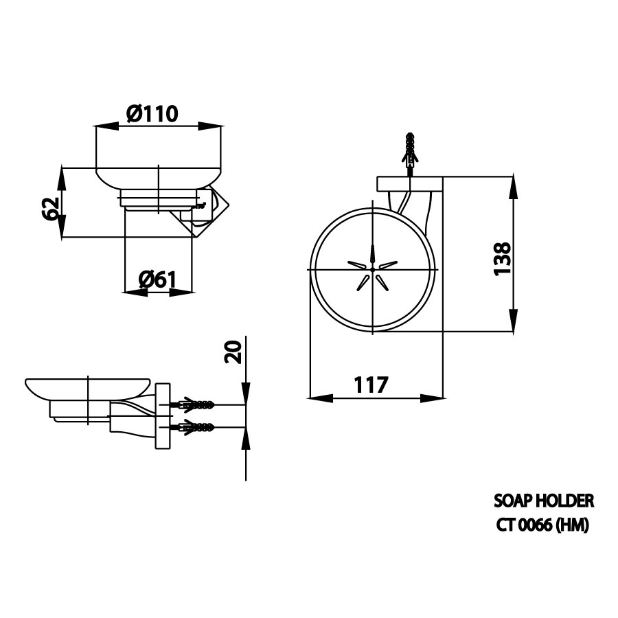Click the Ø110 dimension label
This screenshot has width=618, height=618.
pyautogui.click(x=152, y=113)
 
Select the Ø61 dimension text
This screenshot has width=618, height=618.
pyautogui.click(x=157, y=279)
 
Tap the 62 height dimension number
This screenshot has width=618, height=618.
pyautogui.click(x=49, y=208)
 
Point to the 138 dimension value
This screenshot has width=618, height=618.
pyautogui.click(x=503, y=259)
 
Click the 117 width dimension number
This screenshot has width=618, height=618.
pyautogui.click(x=371, y=385)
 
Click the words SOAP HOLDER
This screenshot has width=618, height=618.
pyautogui.click(x=543, y=501)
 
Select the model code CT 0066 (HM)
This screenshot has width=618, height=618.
pyautogui.click(x=542, y=525)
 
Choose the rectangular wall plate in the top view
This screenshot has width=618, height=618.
pyautogui.click(x=409, y=183)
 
